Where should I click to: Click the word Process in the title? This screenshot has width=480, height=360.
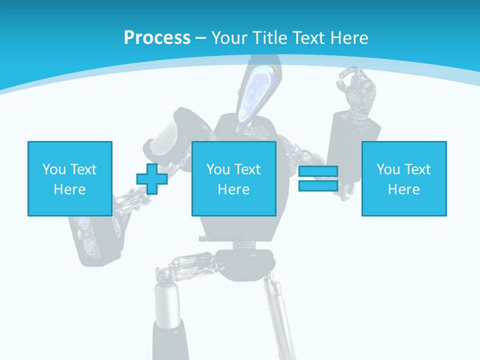click(x=157, y=37)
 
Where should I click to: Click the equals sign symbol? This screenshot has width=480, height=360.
click(x=318, y=178)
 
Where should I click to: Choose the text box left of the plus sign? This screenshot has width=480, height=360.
click(x=69, y=178)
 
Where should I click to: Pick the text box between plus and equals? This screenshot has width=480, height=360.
click(x=233, y=178)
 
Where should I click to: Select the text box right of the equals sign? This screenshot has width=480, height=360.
click(x=403, y=178)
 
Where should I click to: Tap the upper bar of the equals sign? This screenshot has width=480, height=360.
click(x=318, y=171)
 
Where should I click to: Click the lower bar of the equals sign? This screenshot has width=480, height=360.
click(x=318, y=185)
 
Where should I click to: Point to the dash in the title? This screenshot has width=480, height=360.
click(x=200, y=38)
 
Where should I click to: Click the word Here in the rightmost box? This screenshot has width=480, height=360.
click(x=403, y=189)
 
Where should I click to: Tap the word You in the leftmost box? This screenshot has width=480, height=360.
click(x=53, y=169)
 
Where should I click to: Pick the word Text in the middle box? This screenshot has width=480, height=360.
click(x=247, y=169)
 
